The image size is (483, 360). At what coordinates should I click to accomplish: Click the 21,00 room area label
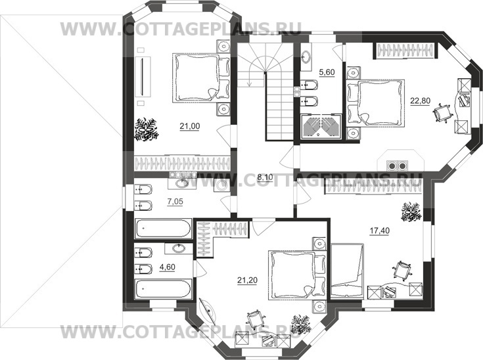tap(190, 126)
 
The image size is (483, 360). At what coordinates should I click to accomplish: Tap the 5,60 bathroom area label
tap(327, 72)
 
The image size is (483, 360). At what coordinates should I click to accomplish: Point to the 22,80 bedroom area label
tap(420, 101)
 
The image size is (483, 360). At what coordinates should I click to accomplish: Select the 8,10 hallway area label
tap(265, 177)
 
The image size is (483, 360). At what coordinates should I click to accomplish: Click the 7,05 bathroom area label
tap(175, 202)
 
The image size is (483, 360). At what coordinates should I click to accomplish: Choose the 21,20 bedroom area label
tap(247, 281)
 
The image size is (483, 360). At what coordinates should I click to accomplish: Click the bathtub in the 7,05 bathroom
tap(163, 228)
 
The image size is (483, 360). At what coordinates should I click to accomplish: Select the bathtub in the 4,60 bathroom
tap(163, 289)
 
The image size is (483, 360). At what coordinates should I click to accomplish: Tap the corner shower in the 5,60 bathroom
tap(321, 127)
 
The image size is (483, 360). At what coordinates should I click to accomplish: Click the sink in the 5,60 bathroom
tap(306, 57)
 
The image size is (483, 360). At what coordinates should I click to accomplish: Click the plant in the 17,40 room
tap(411, 212)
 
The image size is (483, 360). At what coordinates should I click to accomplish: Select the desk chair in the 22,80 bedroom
tap(442, 112)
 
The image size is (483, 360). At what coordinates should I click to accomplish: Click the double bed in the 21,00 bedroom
tap(201, 77)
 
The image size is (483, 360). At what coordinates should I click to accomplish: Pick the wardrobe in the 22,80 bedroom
tap(405, 50)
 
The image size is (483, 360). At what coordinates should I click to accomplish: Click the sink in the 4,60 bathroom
tap(177, 248)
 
